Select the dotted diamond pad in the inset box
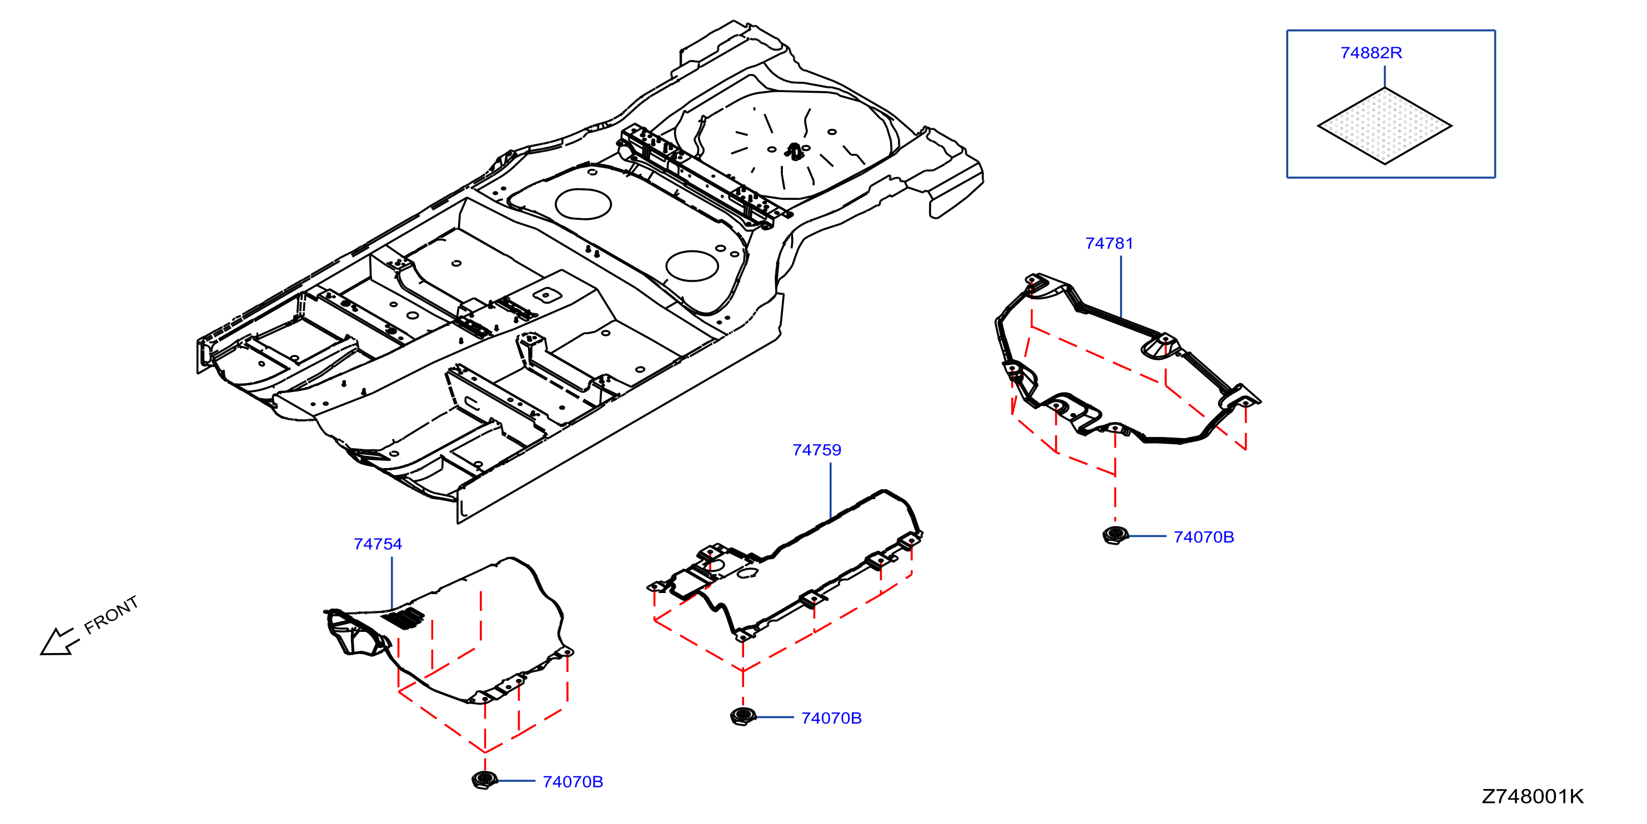pos(1385,125)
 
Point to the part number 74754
pos(377,544)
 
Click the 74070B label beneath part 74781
pos(1203,536)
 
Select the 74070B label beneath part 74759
pos(831,717)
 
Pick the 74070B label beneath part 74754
pos(573,781)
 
